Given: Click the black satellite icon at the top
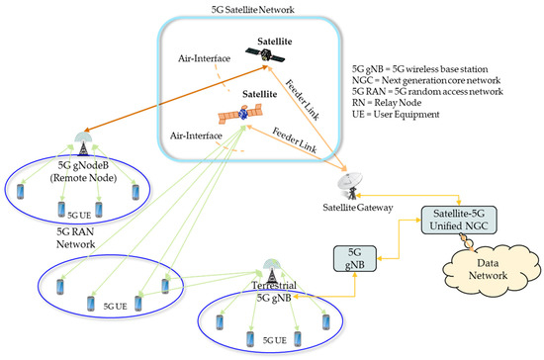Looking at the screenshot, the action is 265,54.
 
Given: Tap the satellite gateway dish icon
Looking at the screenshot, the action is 351,186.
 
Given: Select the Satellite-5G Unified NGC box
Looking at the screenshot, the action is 459,220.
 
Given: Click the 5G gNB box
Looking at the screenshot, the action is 354,258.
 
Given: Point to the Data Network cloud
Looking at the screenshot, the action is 491,269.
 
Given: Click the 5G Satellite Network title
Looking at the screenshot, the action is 253,9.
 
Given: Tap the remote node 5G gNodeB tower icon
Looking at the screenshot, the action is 83,142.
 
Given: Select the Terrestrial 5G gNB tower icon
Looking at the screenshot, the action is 273,271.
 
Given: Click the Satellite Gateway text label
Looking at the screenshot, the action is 358,208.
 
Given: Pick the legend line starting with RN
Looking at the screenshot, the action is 387,103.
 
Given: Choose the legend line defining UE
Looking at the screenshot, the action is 396,114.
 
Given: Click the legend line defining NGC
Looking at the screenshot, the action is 426,80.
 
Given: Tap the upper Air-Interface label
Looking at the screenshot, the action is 205,58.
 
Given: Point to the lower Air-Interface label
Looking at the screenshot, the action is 196,135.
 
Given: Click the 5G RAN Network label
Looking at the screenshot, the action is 75,237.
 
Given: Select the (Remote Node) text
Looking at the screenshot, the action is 83,178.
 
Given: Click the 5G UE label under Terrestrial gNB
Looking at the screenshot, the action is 275,340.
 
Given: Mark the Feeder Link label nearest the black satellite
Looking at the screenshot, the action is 302,100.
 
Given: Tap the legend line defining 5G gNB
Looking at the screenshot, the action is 419,69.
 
